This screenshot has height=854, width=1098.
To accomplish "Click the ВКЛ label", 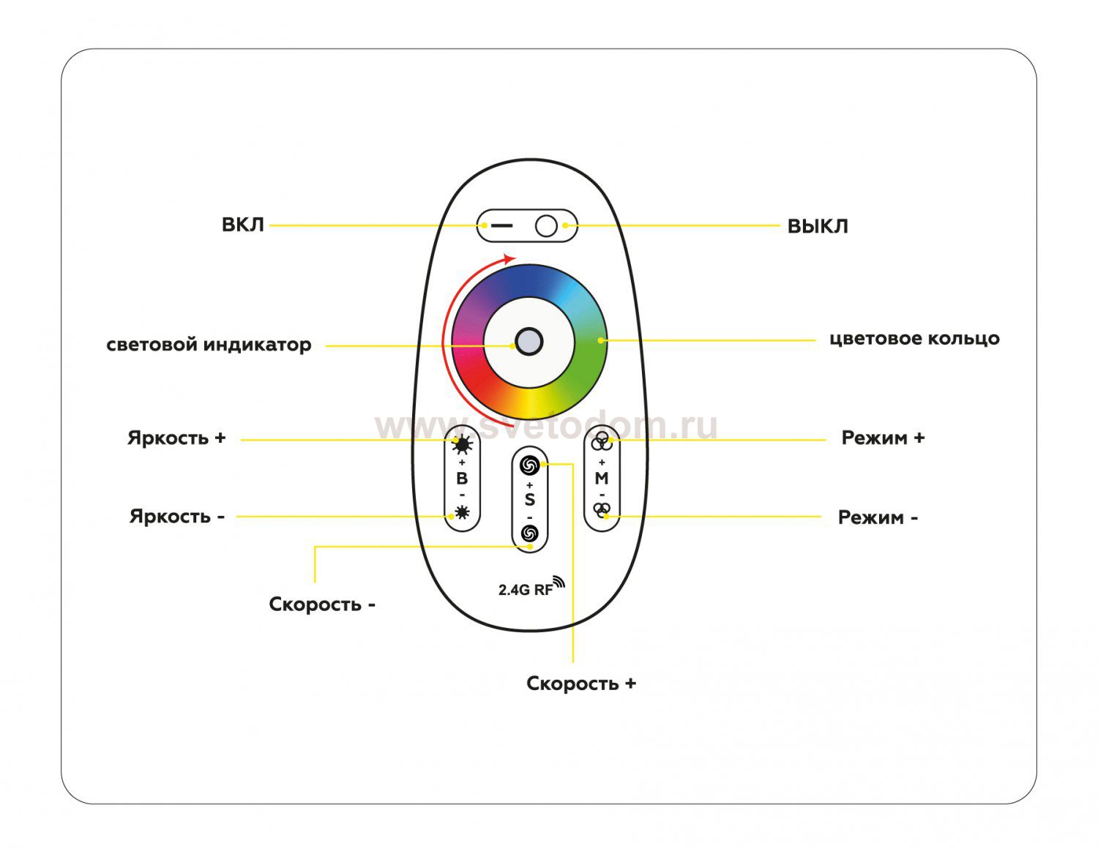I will point(242,225).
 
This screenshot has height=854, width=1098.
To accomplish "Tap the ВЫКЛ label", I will point(817,226).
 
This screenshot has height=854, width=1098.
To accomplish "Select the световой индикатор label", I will point(209,345).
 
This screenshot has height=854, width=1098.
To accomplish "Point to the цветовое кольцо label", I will point(914,339).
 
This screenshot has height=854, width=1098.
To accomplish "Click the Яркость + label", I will point(176,438).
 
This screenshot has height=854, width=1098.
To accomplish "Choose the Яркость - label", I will point(176,517).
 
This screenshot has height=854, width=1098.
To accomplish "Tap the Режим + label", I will point(883,438).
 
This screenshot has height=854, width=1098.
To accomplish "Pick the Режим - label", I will point(878,518).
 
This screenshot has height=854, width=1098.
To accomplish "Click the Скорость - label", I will point(322,604).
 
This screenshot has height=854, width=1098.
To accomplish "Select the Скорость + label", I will point(581,683).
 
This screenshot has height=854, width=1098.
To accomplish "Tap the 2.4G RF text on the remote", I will point(525,589).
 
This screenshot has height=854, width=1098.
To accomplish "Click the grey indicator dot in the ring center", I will point(529,341).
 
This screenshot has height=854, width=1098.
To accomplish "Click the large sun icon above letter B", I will point(463,445).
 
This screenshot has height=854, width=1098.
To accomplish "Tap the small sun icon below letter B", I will point(462,512).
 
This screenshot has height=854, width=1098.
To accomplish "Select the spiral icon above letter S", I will point(529,465).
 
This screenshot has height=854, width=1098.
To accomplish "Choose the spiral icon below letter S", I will point(529,533).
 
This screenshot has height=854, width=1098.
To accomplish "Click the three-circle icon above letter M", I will point(602,441).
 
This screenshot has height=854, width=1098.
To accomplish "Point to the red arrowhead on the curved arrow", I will point(509,258).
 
